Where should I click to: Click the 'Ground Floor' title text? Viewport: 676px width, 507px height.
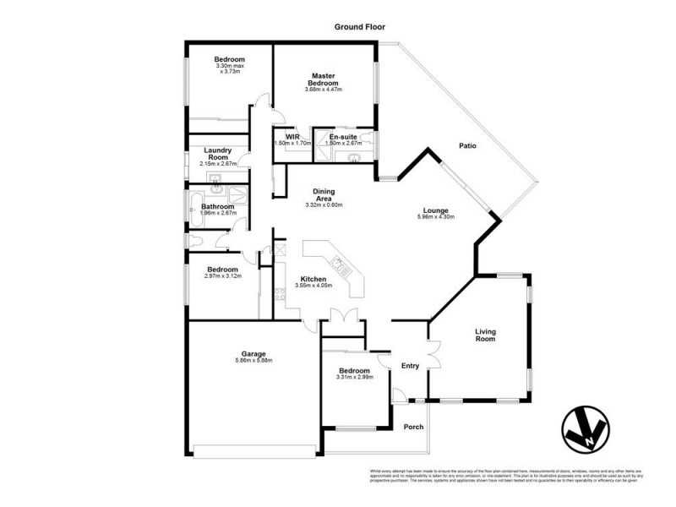(x=359, y=27)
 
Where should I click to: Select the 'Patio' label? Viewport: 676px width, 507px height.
(x=467, y=146)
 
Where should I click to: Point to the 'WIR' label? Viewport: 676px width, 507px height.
(x=293, y=136)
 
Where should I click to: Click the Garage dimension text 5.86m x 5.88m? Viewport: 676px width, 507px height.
(x=253, y=361)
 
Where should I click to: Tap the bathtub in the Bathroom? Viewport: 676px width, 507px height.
(x=197, y=208)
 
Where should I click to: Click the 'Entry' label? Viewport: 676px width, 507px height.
(x=410, y=366)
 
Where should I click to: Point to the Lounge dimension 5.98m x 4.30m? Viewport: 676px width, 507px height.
(x=436, y=217)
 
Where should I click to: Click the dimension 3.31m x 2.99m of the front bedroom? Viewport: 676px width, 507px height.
(x=353, y=377)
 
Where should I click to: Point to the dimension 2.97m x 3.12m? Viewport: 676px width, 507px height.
(x=224, y=276)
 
